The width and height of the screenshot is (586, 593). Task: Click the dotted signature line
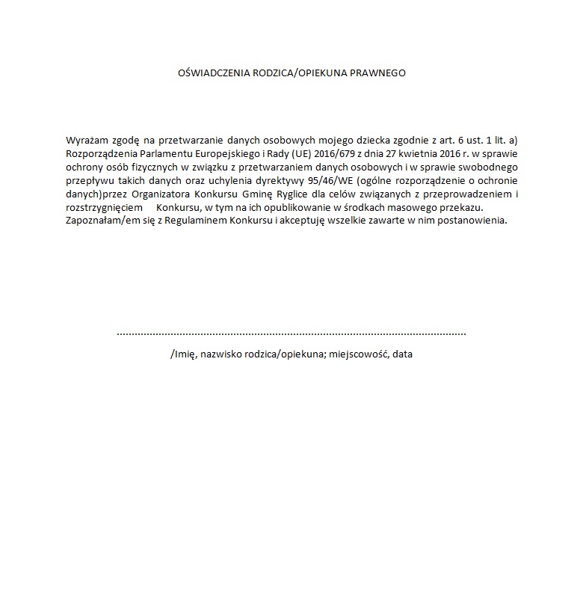pyautogui.click(x=292, y=334)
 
